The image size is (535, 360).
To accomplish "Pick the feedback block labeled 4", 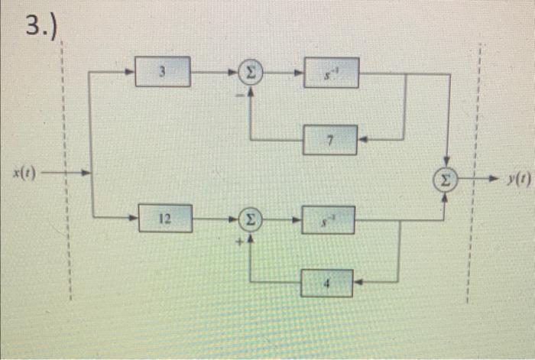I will (x=327, y=282).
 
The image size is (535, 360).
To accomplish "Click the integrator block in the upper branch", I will (x=331, y=72).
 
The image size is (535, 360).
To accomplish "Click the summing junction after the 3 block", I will (x=250, y=73).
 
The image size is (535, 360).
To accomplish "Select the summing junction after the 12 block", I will (x=250, y=219).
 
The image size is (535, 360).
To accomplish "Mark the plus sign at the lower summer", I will (x=238, y=239).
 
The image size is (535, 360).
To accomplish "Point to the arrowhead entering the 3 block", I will (x=131, y=73).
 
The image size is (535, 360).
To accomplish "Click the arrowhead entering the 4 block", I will (x=358, y=282).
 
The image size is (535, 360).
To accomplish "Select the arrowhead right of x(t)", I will (x=86, y=174).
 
